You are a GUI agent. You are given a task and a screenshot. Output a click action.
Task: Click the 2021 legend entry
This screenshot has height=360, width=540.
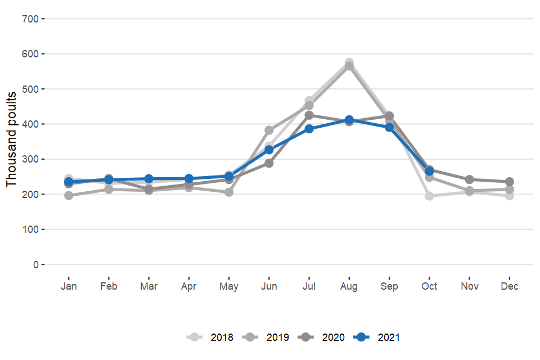click(378, 337)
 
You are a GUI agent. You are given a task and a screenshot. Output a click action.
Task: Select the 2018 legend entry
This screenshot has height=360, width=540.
click(210, 337)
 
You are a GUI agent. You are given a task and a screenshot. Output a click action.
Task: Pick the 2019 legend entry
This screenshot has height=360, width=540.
click(267, 337)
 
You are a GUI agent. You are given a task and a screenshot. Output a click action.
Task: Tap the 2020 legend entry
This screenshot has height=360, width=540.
click(322, 337)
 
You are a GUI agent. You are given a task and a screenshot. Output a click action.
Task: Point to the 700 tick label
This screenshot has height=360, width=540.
click(30, 19)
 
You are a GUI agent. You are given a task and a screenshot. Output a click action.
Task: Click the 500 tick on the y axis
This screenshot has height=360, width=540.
click(30, 89)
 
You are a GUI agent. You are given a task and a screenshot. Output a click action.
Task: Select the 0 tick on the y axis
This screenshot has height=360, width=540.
click(35, 264)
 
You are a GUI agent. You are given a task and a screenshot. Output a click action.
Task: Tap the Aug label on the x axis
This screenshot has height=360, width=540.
click(349, 286)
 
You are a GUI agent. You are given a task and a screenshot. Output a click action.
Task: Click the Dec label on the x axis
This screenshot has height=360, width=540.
click(510, 286)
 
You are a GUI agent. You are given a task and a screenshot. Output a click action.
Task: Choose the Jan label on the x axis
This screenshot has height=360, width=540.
click(69, 286)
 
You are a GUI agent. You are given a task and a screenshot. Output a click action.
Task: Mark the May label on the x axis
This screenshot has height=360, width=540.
click(229, 286)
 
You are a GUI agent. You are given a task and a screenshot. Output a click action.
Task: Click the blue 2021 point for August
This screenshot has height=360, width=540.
click(349, 120)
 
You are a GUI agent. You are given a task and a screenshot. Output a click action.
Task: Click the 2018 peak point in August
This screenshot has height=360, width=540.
click(349, 62)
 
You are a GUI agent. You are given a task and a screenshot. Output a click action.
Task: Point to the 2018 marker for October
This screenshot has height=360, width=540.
click(429, 196)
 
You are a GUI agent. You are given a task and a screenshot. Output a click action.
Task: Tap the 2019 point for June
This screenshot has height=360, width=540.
click(269, 130)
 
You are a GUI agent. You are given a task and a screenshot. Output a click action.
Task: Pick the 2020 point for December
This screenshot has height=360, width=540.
click(510, 182)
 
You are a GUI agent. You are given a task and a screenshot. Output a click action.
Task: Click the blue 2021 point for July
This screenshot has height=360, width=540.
click(309, 129)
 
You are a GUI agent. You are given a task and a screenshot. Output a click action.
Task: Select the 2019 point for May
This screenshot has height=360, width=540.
click(229, 192)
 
